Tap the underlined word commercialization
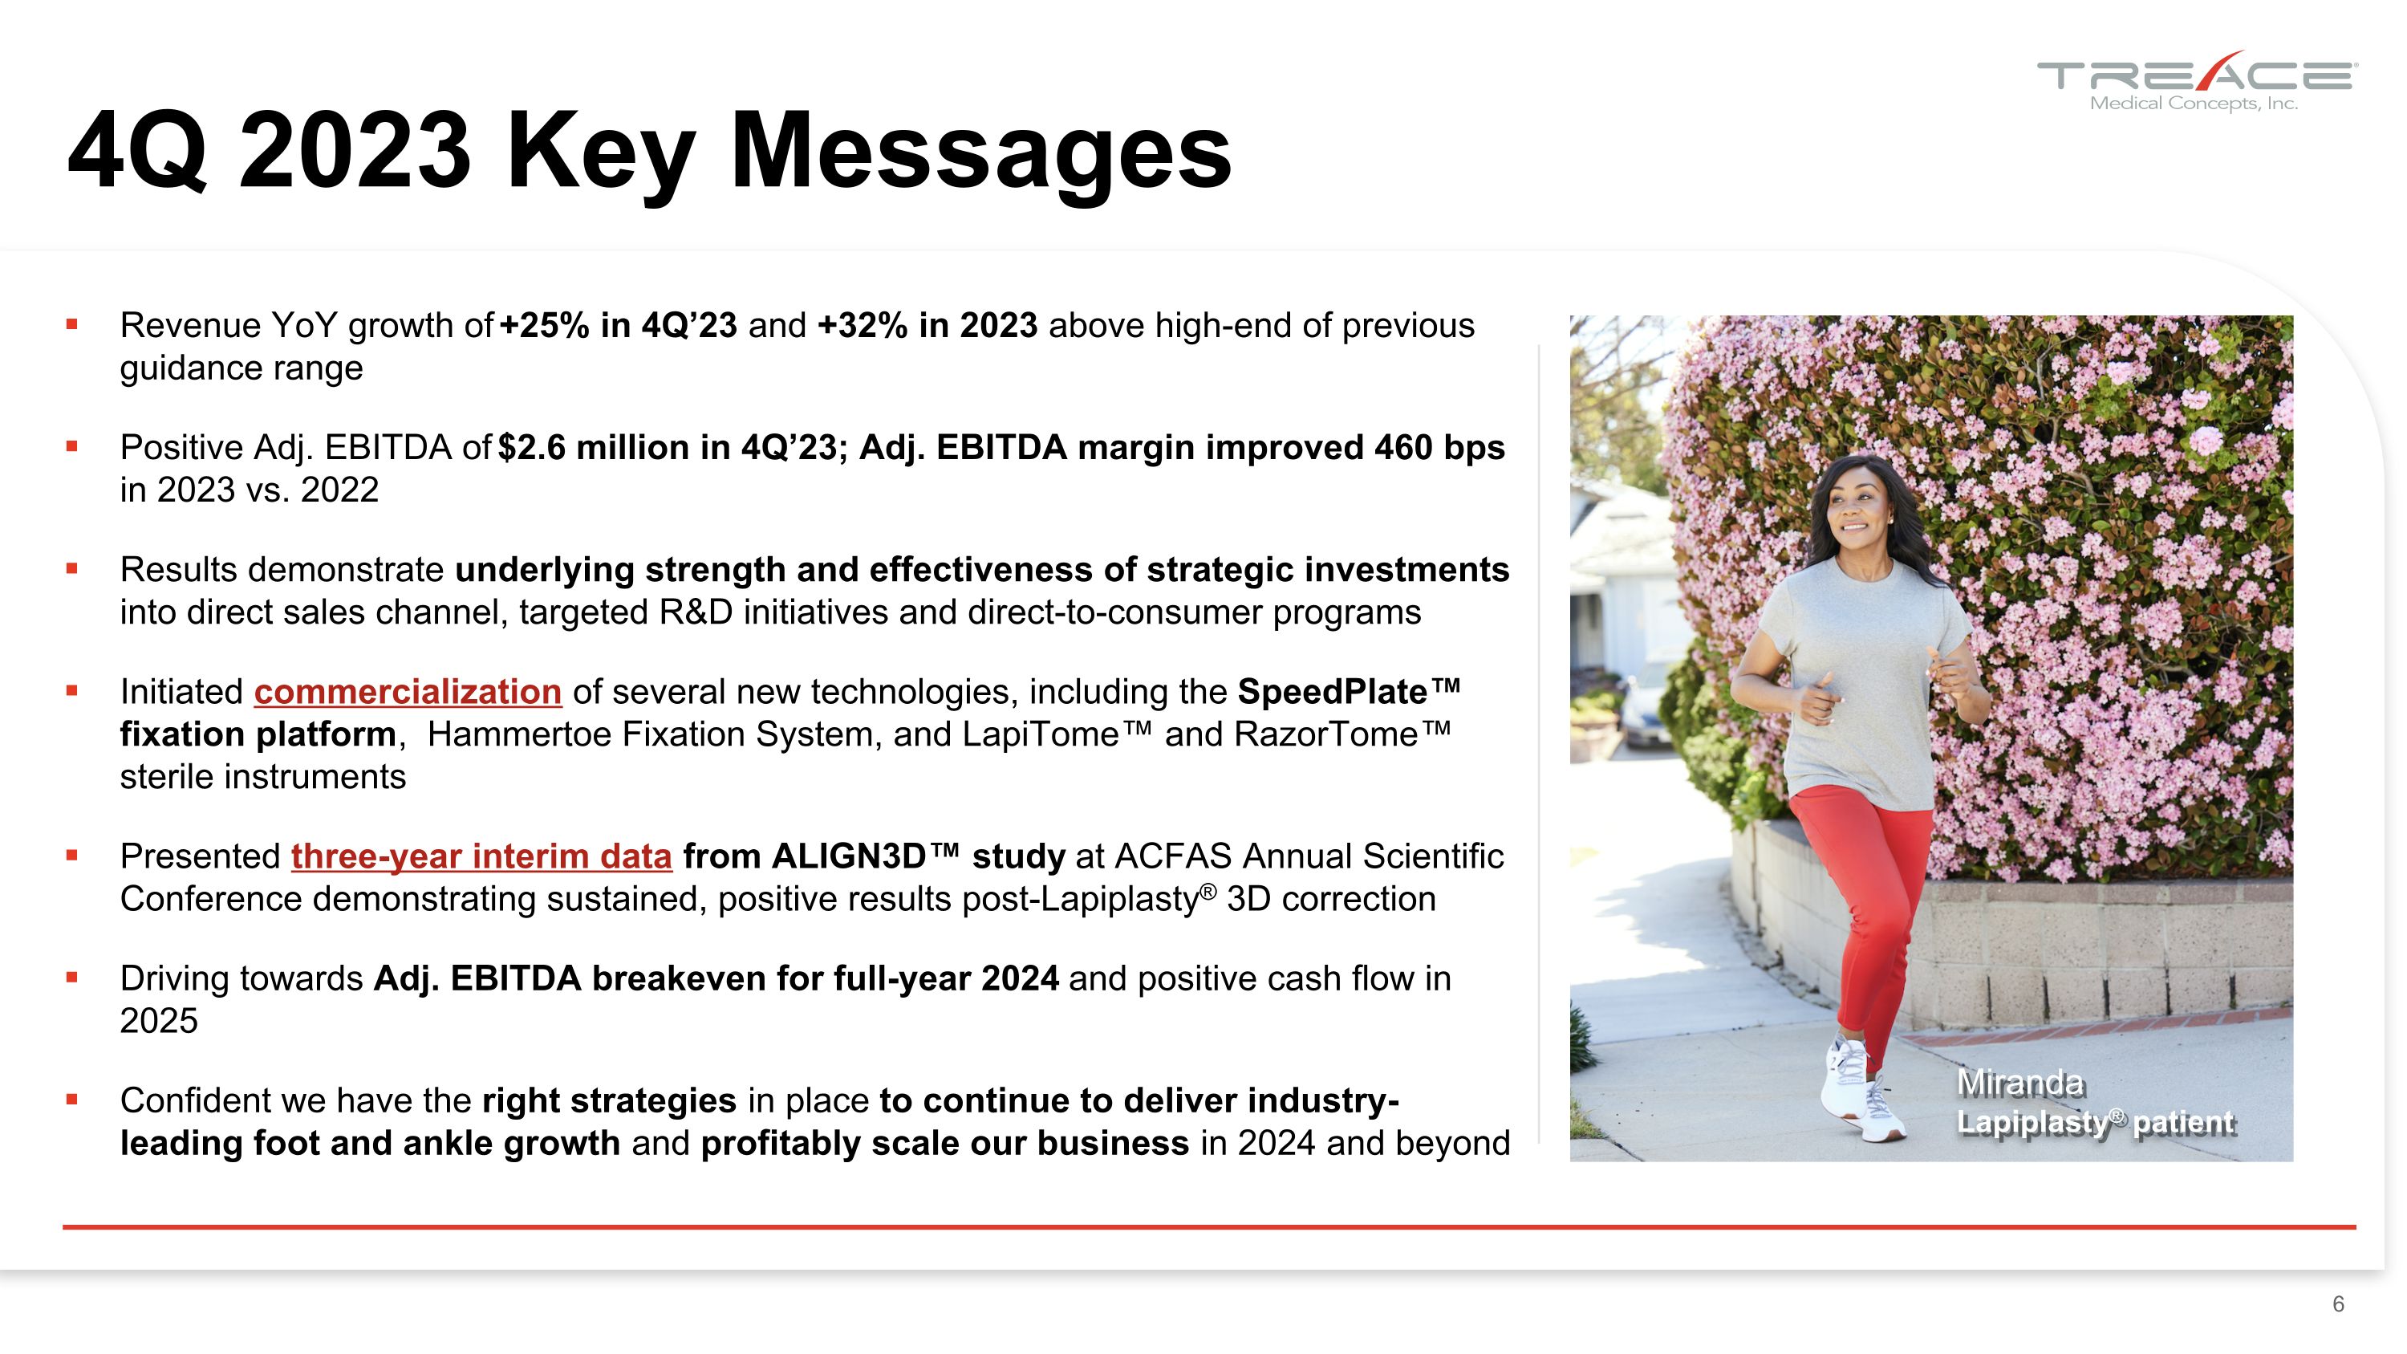(408, 693)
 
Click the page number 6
(2338, 1303)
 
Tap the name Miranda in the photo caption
(2019, 1083)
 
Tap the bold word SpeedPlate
(1332, 693)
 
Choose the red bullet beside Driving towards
(72, 978)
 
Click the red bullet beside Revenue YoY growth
(72, 325)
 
